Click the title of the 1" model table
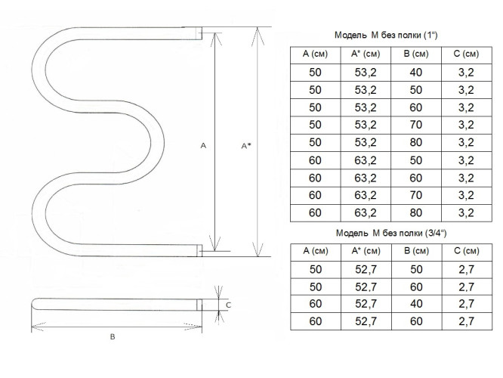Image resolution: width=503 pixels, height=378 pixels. point(386,35)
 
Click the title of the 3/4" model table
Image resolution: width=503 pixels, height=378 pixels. point(391,233)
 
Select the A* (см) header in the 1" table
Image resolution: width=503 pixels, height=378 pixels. point(366,54)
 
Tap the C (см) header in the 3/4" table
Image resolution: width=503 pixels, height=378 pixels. point(467,251)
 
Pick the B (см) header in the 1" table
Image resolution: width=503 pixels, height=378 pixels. point(415,54)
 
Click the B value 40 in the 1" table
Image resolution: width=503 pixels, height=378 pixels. point(415,73)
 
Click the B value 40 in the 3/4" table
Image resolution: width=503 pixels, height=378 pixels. point(416,303)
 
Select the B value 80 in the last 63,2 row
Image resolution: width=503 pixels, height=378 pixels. point(415,212)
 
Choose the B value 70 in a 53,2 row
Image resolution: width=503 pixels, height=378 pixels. point(415,125)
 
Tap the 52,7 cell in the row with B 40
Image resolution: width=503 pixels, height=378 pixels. point(366,303)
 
